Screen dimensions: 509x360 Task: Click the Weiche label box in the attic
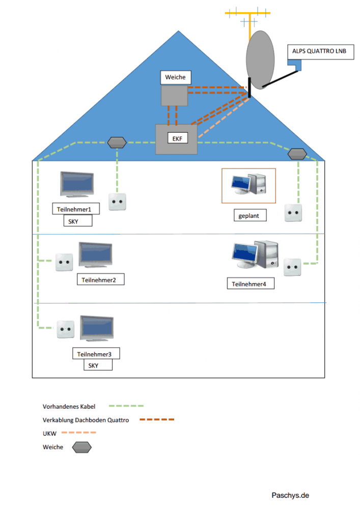[x=176, y=78]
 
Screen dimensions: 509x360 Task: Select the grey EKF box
[x=176, y=139]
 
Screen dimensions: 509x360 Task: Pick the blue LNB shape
[x=294, y=65]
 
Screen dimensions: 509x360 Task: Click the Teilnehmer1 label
[x=75, y=209]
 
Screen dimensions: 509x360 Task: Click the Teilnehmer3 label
[x=98, y=354]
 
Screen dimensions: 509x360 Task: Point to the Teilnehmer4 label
[x=250, y=284]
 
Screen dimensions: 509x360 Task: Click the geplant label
[x=249, y=216]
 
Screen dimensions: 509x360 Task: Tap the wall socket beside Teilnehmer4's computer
[x=293, y=267]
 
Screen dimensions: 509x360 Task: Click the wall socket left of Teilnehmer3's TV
[x=66, y=329]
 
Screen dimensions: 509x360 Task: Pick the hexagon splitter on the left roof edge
[x=117, y=142]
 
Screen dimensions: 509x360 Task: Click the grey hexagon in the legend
[x=81, y=447]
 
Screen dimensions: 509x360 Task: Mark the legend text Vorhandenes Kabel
[x=69, y=407]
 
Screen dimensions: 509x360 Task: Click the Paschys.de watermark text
[x=290, y=495]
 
